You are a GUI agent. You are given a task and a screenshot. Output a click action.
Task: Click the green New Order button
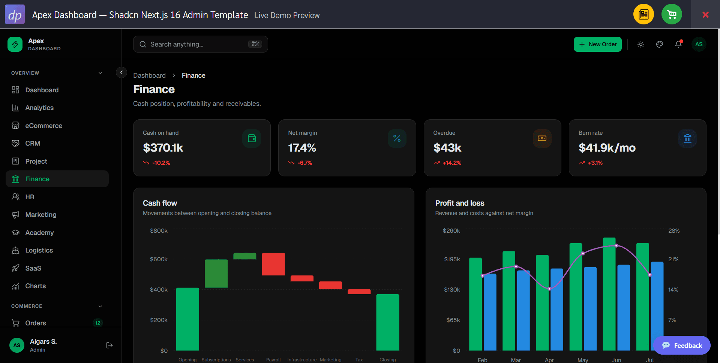pos(597,44)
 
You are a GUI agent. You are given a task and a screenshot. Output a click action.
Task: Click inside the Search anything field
pos(200,44)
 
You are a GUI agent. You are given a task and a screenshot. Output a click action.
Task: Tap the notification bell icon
pos(678,44)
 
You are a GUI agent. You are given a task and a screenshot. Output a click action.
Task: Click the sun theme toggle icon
pos(641,44)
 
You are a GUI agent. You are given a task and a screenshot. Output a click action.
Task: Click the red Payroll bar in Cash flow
pos(273,264)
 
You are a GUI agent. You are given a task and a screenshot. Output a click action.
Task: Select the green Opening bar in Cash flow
pos(187,319)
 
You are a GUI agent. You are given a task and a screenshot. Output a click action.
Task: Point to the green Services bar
pos(245,256)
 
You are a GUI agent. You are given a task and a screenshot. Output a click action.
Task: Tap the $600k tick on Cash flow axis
pos(159,259)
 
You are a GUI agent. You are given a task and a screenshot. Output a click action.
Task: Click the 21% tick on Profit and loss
pos(673,259)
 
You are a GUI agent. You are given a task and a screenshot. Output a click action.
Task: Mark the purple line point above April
pos(549,289)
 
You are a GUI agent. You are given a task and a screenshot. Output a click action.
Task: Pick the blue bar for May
pos(590,309)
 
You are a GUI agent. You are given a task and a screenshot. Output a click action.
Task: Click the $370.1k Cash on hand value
pos(163,148)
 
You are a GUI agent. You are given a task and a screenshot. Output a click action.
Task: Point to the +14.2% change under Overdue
pos(452,163)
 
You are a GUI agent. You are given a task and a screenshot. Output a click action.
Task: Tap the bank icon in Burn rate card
pos(687,138)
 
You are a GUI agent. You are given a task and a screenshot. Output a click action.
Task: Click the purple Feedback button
pos(682,345)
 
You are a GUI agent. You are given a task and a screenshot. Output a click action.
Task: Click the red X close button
pos(705,15)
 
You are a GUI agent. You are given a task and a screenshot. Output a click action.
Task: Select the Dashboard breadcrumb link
pos(149,75)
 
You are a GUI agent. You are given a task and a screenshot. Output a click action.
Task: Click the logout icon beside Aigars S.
pos(109,345)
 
